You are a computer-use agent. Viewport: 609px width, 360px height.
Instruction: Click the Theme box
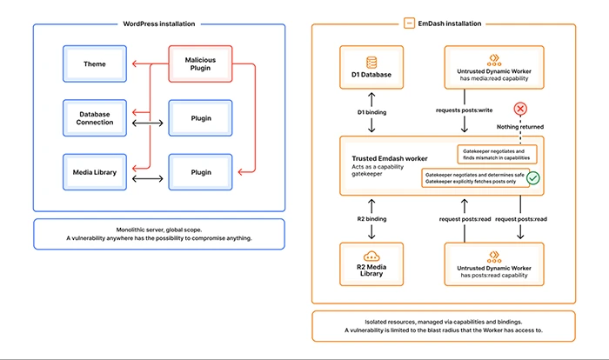coord(95,63)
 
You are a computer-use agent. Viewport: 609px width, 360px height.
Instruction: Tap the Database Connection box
coord(95,118)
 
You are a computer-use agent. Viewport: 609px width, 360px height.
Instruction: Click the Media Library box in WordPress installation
coord(95,172)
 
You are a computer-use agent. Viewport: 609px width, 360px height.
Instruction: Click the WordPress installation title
coord(159,23)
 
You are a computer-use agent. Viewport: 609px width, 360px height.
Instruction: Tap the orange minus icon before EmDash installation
coord(408,23)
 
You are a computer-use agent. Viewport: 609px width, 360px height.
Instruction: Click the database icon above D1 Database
coord(372,62)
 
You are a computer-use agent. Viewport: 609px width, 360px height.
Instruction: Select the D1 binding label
coord(371,112)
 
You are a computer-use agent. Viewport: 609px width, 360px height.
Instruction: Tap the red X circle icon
coord(521,109)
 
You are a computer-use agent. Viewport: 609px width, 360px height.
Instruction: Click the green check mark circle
coord(533,178)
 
